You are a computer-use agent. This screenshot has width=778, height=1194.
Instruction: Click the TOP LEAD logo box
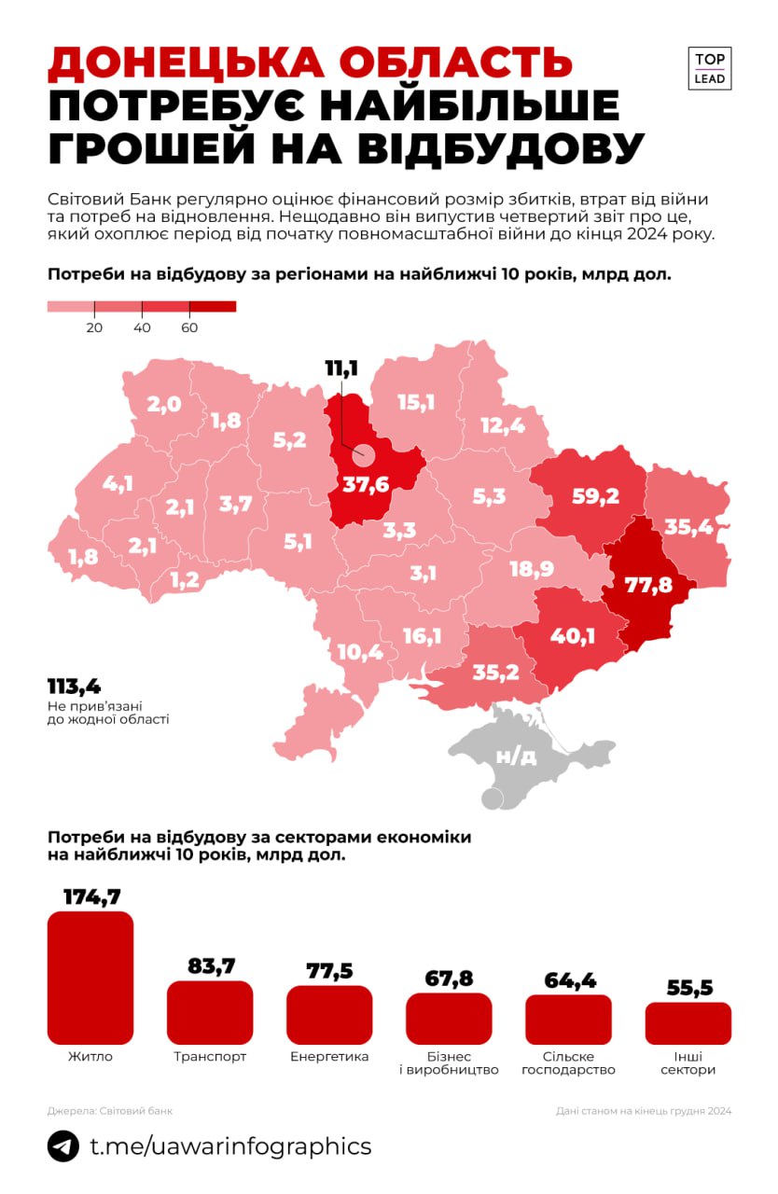711,68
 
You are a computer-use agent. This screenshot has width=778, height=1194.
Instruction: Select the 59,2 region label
594,496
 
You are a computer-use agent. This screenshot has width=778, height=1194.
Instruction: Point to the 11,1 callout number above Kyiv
341,369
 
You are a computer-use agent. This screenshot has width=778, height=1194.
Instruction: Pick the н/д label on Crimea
516,756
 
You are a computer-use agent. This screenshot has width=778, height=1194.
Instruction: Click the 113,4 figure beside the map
74,687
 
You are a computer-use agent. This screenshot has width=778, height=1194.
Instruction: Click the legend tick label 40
141,327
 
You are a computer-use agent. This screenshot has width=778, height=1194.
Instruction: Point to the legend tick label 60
188,327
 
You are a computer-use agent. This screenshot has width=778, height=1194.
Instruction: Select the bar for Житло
90,977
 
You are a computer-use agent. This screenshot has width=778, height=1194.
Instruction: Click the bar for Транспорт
210,1012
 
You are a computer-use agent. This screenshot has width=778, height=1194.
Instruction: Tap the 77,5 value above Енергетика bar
329,970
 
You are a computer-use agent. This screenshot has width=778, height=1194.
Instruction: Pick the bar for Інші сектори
688,1022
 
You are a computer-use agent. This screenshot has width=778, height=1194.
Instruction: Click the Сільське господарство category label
568,1063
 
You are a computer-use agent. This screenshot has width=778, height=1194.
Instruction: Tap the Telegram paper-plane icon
63,1146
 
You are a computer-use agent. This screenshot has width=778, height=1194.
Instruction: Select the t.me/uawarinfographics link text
230,1146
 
